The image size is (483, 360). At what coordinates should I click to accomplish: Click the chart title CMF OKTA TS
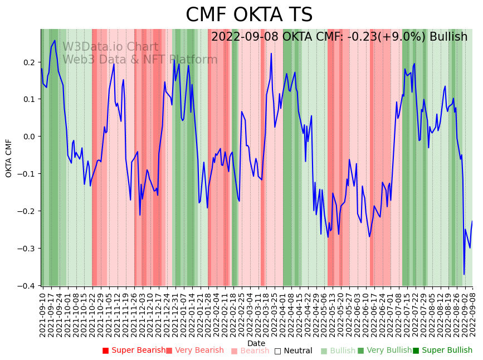tap(249, 15)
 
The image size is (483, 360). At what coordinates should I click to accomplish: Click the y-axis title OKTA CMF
tap(9, 158)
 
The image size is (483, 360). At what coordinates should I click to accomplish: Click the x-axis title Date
tap(256, 343)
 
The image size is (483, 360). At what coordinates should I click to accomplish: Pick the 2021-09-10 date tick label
tap(43, 314)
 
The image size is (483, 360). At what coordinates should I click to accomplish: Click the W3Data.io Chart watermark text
tap(110, 47)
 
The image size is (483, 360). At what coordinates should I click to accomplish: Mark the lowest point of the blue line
tap(464, 274)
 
